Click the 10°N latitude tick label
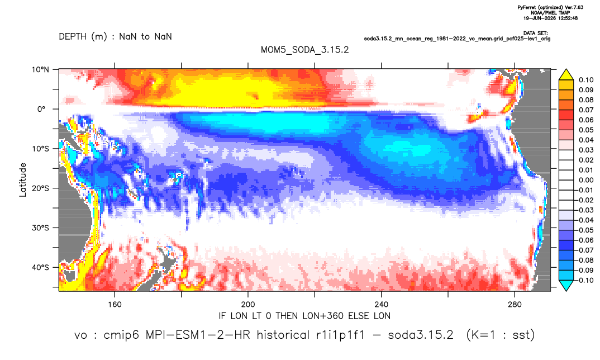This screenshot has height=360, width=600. point(40,69)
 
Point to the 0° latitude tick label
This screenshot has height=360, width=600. point(41,109)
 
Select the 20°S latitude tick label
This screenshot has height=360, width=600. point(40,188)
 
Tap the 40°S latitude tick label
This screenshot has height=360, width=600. point(40,267)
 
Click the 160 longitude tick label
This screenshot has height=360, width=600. point(115,305)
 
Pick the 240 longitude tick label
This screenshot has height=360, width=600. point(382,305)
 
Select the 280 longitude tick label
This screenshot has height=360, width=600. point(515,305)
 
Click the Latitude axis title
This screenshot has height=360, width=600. point(23,180)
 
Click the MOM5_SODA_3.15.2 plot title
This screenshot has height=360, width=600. point(305,50)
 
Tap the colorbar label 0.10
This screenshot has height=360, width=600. point(586,80)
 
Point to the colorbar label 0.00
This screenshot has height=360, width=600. point(586,180)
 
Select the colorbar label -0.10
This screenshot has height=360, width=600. point(585,280)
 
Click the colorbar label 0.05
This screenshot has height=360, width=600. point(586,130)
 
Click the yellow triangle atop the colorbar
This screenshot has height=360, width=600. point(566,75)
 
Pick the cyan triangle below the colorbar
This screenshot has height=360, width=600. point(566,285)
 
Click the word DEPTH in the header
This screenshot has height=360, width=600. point(73,37)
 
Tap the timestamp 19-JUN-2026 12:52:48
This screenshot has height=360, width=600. point(551,18)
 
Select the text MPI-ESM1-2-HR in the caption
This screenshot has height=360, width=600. point(198,335)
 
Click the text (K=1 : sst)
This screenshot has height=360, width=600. point(500,335)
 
